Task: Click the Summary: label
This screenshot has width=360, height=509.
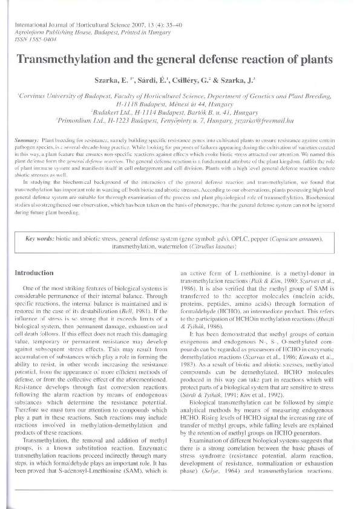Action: (x=27, y=139)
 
